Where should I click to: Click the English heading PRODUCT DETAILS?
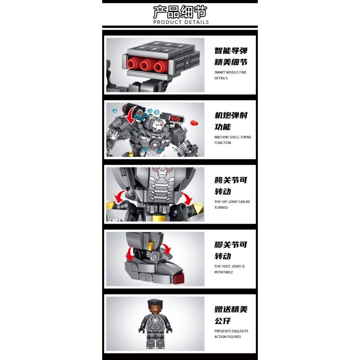[x=181, y=22]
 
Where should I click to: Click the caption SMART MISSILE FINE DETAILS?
[x=230, y=75]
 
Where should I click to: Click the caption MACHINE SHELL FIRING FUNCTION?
[x=233, y=140]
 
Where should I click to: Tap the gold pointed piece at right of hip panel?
[x=197, y=209]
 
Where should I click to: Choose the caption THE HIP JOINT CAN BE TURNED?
[x=232, y=205]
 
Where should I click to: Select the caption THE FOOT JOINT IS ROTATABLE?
[x=229, y=269]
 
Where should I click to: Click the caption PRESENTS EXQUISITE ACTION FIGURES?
[x=231, y=334]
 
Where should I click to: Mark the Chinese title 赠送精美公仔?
[x=231, y=315]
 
